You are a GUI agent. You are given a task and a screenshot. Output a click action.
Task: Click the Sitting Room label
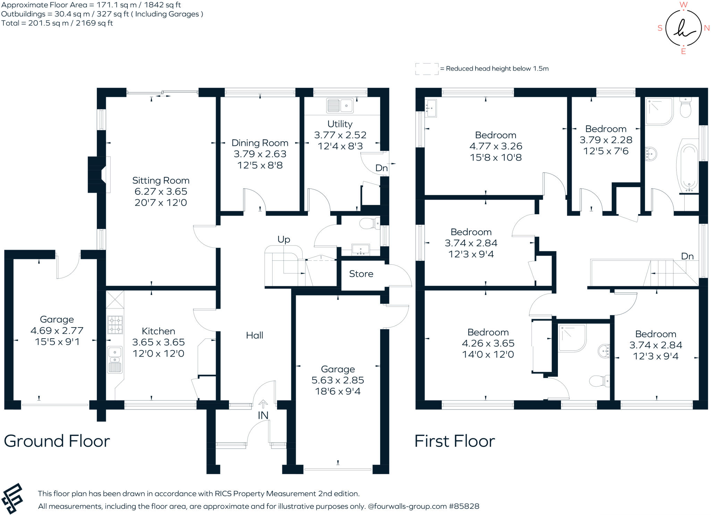pyautogui.click(x=161, y=181)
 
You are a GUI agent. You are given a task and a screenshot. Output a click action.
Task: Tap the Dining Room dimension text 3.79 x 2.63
pyautogui.click(x=260, y=154)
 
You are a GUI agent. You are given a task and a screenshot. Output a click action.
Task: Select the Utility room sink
pyautogui.click(x=340, y=106)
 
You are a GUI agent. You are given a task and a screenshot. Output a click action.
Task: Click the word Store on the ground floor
pyautogui.click(x=361, y=274)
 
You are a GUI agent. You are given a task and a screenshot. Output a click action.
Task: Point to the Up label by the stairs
pyautogui.click(x=284, y=240)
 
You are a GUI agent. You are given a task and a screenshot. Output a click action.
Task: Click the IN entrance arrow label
pyautogui.click(x=263, y=415)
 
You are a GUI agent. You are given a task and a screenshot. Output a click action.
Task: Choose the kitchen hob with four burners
pyautogui.click(x=115, y=325)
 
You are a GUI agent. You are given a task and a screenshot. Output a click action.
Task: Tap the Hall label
pyautogui.click(x=254, y=335)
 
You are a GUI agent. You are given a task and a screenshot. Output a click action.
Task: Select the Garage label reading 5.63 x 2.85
pyautogui.click(x=338, y=380)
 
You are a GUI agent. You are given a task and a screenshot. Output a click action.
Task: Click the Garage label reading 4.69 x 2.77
pyautogui.click(x=57, y=330)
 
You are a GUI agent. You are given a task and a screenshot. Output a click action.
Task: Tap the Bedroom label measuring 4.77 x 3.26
pyautogui.click(x=496, y=146)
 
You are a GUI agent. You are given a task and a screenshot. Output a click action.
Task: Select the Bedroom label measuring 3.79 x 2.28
pyautogui.click(x=606, y=140)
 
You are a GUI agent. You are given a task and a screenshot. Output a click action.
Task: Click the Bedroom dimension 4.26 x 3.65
pyautogui.click(x=488, y=343)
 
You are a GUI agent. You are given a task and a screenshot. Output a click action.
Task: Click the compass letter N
pyautogui.click(x=706, y=28)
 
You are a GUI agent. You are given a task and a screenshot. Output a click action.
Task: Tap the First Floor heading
pyautogui.click(x=455, y=441)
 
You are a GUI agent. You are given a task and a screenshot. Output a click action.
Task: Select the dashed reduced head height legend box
pyautogui.click(x=427, y=69)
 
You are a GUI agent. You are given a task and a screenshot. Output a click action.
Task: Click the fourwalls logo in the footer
pyautogui.click(x=12, y=498)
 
